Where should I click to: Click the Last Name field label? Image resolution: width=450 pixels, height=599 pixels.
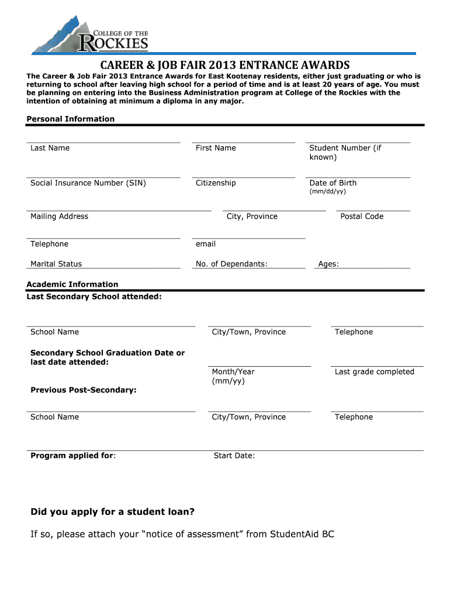coord(50,148)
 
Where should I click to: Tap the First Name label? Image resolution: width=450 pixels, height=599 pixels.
coord(216,148)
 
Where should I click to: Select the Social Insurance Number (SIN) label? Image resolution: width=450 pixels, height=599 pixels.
coord(88,183)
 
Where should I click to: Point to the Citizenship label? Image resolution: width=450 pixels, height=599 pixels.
coord(216,183)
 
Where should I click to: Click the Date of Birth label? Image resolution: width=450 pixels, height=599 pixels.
coord(333,183)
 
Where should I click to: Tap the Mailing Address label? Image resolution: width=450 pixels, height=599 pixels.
coord(59,216)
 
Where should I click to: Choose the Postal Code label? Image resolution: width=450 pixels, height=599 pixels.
coord(362,216)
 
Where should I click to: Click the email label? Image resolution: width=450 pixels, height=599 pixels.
coord(206,244)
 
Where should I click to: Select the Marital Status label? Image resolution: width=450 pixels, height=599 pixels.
coord(56,264)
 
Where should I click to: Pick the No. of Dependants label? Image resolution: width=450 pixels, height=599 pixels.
coord(231,264)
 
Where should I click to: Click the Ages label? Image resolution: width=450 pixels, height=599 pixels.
coord(328,264)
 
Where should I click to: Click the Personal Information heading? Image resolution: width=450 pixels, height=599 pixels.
coord(71,119)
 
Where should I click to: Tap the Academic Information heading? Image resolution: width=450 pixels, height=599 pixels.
coord(72,284)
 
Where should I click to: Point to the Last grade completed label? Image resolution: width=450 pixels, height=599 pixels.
coord(374,372)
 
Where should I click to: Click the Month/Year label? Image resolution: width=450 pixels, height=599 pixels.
coord(233,372)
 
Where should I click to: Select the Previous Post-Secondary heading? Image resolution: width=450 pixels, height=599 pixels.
coord(84,390)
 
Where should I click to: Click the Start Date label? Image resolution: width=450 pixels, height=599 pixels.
coord(234,456)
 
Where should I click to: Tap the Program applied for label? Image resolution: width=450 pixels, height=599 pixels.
coord(72,456)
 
